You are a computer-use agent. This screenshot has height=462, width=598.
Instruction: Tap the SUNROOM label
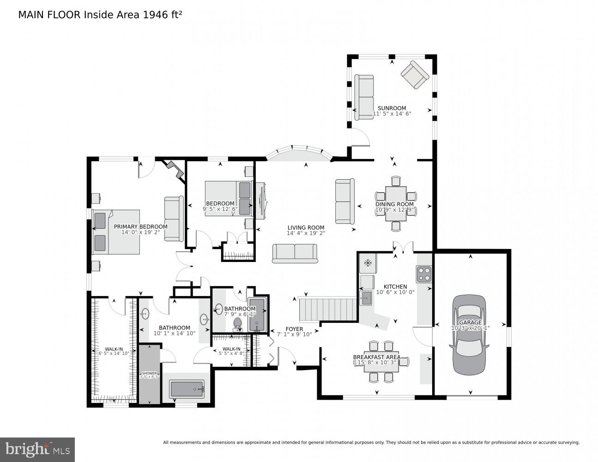click(x=392, y=109)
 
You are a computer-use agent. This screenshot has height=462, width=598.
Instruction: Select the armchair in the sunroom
click(x=415, y=74)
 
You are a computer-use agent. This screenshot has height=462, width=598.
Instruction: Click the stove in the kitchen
click(x=424, y=274)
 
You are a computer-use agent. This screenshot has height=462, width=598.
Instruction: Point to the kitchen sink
click(x=367, y=298)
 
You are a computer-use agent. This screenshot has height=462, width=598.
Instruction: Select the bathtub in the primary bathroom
click(x=187, y=389)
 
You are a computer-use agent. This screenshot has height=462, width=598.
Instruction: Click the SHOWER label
click(x=149, y=373)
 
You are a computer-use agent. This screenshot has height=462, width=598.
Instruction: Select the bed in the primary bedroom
click(x=116, y=231)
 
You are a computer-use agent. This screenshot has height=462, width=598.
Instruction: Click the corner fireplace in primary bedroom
click(x=175, y=169)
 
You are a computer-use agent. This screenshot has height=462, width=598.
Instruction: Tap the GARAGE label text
click(x=470, y=322)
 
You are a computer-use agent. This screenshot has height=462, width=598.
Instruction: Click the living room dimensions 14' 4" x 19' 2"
click(x=306, y=233)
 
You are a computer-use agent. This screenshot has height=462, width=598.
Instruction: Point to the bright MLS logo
click(x=37, y=450)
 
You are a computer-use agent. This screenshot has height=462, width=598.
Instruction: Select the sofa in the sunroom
click(x=364, y=97)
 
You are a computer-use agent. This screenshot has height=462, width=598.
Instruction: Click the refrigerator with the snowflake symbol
click(x=368, y=263)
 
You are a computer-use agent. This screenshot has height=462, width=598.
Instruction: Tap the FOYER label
click(x=294, y=329)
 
